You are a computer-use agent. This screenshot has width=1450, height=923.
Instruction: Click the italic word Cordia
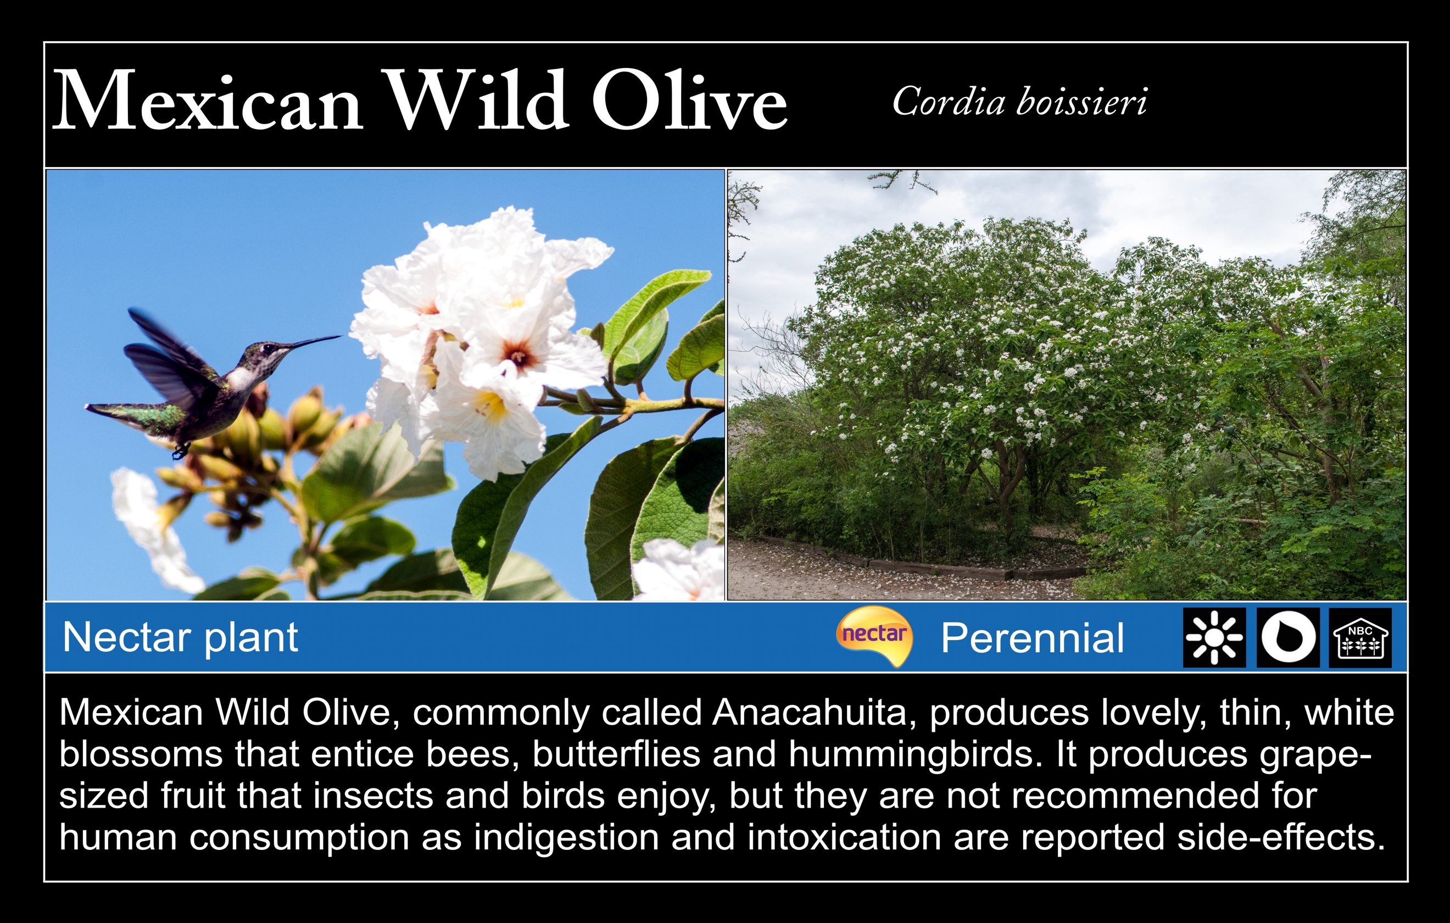[949, 101]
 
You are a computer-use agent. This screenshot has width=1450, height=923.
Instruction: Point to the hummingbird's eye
[267, 348]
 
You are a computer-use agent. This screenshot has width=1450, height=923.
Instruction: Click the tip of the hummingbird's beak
[340, 336]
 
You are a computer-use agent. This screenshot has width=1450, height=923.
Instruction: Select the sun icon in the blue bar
[1214, 637]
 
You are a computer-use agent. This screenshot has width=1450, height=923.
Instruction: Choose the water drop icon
[1287, 637]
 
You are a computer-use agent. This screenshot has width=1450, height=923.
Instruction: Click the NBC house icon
[1360, 637]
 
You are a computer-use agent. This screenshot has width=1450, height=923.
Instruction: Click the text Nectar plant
[180, 637]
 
